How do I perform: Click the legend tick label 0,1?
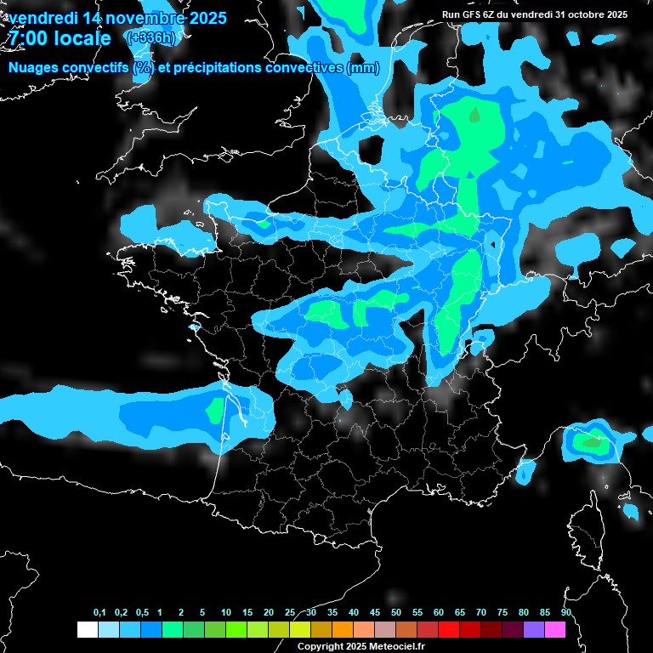pos(99,612)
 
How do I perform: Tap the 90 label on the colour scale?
pos(566,612)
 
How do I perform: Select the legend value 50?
pos(396,612)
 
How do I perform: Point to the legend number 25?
pos(290,612)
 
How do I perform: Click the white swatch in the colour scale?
pos(87,629)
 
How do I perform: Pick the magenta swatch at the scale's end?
pos(555,629)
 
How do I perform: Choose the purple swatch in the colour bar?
pos(534,629)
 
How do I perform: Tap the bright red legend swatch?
pos(449,629)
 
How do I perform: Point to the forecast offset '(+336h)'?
pos(151,38)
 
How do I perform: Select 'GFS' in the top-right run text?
pos(474,14)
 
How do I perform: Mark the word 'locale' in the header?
pos(82,38)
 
